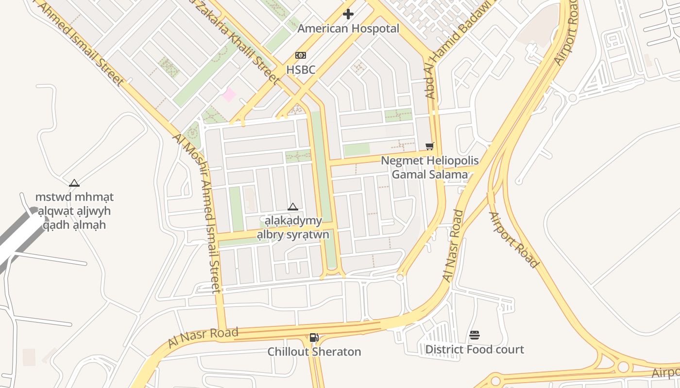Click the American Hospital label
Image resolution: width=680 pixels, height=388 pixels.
click(x=348, y=29)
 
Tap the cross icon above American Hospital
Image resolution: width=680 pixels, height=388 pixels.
click(x=348, y=14)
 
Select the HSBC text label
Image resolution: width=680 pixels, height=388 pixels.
click(x=301, y=70)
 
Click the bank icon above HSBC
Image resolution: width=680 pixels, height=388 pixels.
click(x=301, y=55)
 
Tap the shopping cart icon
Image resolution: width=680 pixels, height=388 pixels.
click(x=429, y=146)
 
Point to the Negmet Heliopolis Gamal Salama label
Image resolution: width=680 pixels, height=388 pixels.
click(x=429, y=167)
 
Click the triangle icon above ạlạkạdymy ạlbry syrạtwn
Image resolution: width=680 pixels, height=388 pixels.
click(x=292, y=207)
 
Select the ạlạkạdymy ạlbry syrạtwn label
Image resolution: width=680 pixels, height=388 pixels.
click(x=293, y=228)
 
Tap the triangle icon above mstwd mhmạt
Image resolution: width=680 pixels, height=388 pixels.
click(x=74, y=183)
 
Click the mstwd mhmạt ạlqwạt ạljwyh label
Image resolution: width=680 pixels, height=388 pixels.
click(x=74, y=211)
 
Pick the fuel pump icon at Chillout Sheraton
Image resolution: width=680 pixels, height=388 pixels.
click(x=314, y=337)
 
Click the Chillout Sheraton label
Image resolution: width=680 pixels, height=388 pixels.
click(x=314, y=352)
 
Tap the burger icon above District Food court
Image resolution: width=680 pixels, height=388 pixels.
click(x=475, y=335)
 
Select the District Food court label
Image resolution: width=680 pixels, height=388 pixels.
click(x=475, y=349)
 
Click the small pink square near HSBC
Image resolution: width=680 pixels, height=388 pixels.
click(x=229, y=95)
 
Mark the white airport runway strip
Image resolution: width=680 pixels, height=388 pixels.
click(x=19, y=242)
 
